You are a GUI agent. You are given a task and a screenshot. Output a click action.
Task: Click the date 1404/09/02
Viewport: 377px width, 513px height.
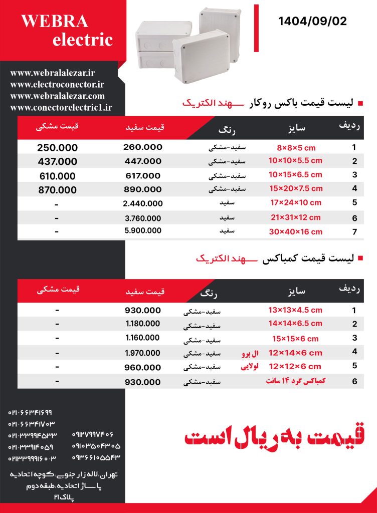coord(312,22)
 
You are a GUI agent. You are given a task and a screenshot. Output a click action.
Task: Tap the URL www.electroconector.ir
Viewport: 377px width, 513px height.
coord(57,85)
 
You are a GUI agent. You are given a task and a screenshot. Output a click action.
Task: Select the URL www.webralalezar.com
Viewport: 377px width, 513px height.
coord(57,96)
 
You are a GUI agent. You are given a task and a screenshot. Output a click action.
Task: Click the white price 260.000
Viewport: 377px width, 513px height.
coord(142,147)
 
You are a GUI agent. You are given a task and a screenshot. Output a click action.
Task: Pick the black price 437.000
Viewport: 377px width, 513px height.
coord(57,161)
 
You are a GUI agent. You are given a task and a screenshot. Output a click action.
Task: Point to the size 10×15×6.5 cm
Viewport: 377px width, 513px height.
coord(295,175)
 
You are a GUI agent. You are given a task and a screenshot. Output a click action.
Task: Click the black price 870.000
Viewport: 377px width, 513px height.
coord(57,190)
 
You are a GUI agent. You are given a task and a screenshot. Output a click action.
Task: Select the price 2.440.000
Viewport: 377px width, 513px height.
coord(142,203)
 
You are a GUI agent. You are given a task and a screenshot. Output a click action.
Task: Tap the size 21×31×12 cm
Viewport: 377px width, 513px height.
coord(295,217)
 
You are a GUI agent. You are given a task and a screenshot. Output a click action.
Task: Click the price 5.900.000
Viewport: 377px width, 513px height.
coord(142,231)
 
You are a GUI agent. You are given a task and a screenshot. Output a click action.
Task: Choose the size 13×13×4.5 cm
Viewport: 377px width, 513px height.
coord(295,310)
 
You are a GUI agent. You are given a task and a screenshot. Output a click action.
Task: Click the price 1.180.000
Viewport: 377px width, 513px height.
coord(142,324)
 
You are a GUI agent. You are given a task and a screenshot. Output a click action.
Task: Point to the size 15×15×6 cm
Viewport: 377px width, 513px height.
coord(295,339)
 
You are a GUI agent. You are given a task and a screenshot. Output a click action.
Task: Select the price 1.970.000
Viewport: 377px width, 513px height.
coord(142,353)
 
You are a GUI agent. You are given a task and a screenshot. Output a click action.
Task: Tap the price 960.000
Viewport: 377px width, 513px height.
coord(142,367)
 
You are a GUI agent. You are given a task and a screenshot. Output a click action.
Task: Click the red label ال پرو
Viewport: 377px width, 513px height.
coord(249,353)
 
